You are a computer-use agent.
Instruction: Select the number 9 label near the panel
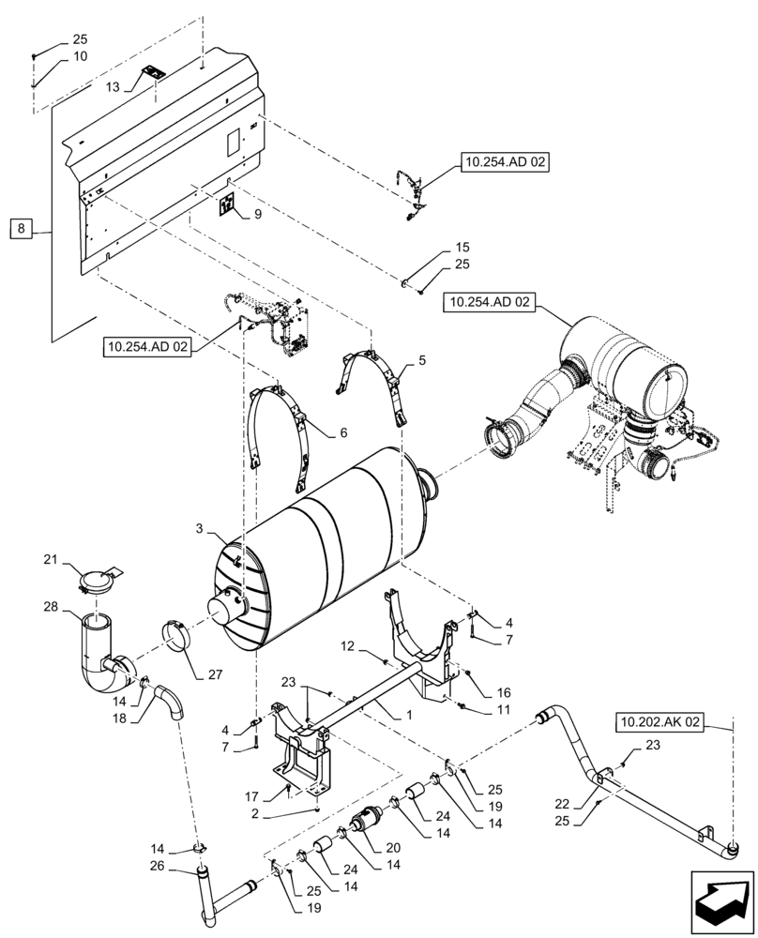pos(257,215)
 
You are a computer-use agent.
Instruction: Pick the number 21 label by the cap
pos(50,561)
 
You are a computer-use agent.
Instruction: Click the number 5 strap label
pos(421,358)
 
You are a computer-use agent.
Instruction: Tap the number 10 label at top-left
pos(81,56)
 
